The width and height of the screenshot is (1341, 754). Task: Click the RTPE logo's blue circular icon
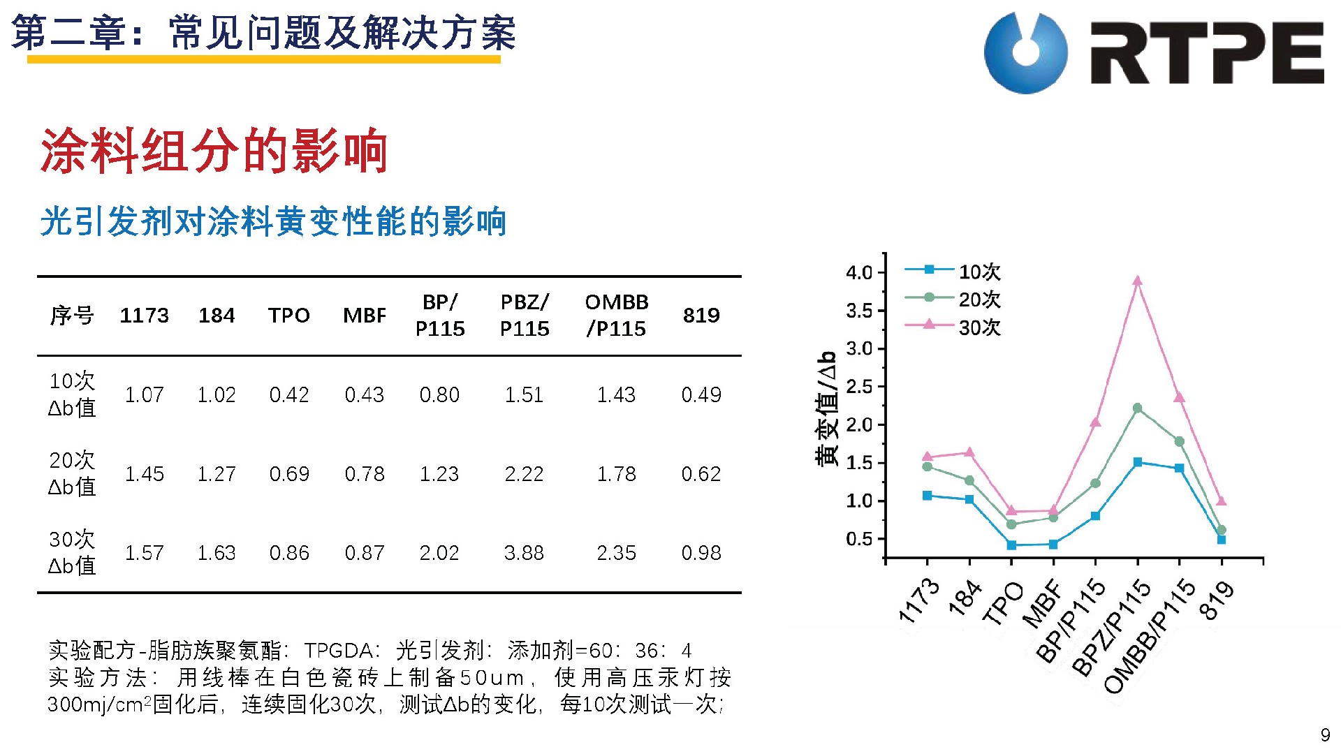pos(1025,52)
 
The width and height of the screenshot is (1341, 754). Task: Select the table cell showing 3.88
pos(524,553)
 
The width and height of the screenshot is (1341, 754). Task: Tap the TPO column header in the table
pos(288,316)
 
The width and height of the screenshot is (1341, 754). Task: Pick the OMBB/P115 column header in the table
pos(617,316)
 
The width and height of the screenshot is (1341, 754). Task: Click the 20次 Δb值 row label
pos(72,473)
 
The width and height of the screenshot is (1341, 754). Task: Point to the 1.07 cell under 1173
pos(145,395)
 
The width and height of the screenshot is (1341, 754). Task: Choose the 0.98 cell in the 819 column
pos(701,553)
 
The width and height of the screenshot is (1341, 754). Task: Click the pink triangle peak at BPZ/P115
pos(1137,281)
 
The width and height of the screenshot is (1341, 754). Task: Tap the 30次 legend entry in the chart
pos(953,327)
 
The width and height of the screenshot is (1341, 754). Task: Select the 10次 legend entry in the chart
pos(953,271)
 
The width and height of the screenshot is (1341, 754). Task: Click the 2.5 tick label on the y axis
pos(859,387)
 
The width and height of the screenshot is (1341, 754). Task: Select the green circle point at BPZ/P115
pos(1137,408)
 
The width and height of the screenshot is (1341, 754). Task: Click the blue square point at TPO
pos(1011,545)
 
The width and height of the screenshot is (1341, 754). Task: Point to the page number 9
pos(1325,735)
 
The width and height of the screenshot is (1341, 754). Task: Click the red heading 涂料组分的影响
pos(214,150)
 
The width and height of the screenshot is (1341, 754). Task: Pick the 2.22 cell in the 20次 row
pos(524,474)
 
